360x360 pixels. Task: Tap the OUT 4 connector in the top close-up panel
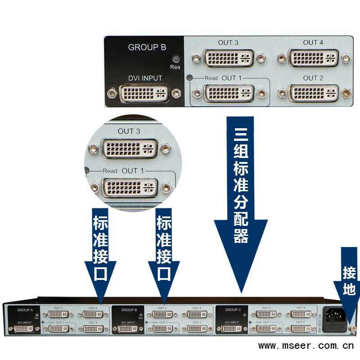313,58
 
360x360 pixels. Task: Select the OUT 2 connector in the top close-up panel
313,94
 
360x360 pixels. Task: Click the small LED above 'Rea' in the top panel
175,58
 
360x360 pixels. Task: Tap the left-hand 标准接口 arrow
100,252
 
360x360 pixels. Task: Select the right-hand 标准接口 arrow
163,252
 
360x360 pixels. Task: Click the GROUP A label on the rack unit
25,310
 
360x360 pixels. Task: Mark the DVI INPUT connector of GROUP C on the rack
232,329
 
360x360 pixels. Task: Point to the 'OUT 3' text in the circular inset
129,131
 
